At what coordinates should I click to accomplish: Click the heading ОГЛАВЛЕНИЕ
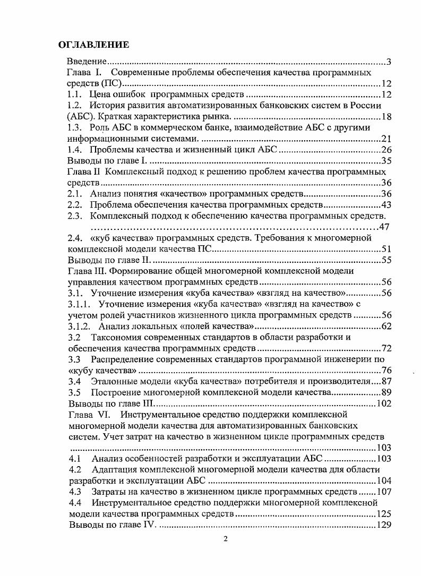tap(93, 45)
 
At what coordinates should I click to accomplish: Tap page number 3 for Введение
tap(389, 62)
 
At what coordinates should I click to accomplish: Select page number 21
tap(386, 139)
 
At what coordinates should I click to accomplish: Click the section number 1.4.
tap(76, 150)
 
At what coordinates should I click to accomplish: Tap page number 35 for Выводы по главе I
tap(386, 161)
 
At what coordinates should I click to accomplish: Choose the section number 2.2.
tap(76, 205)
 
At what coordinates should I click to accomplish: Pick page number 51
tap(386, 249)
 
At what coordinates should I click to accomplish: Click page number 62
tap(386, 326)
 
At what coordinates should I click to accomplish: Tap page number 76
tap(386, 370)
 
